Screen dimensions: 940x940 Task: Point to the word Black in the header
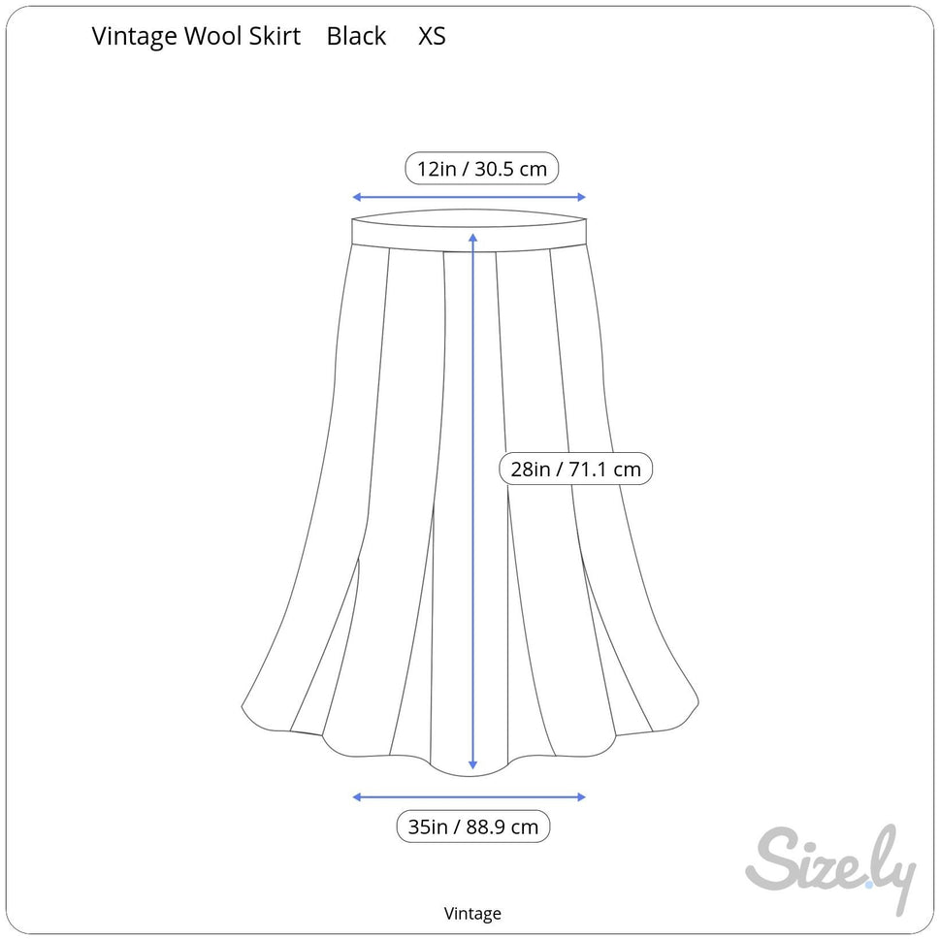[356, 37]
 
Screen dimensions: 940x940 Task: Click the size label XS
[432, 37]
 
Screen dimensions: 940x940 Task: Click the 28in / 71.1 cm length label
[576, 470]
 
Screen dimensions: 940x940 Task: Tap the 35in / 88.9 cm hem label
[473, 827]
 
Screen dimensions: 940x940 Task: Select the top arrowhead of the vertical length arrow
[472, 237]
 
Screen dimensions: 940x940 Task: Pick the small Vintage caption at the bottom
[472, 913]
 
